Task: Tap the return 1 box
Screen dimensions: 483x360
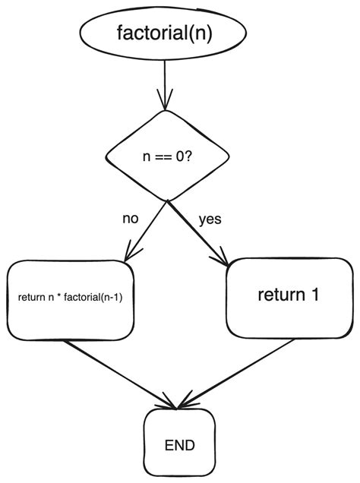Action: [288, 296]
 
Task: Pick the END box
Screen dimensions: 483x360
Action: [178, 444]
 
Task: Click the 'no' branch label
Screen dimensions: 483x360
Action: [131, 219]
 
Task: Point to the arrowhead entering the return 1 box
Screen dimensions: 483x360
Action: [225, 259]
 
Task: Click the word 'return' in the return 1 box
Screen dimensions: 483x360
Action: [279, 296]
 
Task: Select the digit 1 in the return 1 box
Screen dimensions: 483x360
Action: [313, 296]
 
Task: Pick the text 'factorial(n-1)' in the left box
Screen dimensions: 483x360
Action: [96, 298]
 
